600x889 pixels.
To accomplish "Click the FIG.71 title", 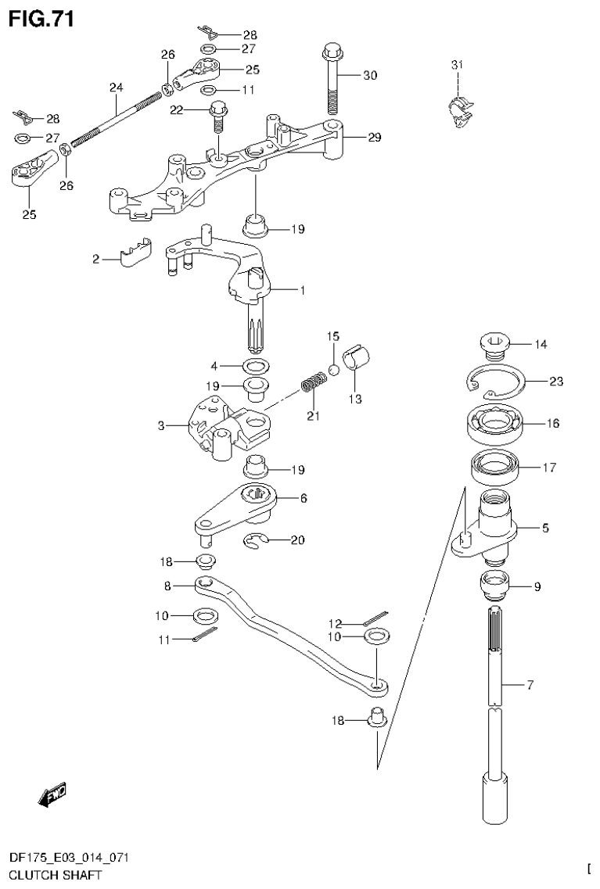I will click(x=41, y=19).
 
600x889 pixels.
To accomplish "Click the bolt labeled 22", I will click(x=218, y=117).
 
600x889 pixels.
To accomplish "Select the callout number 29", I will click(x=374, y=138).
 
